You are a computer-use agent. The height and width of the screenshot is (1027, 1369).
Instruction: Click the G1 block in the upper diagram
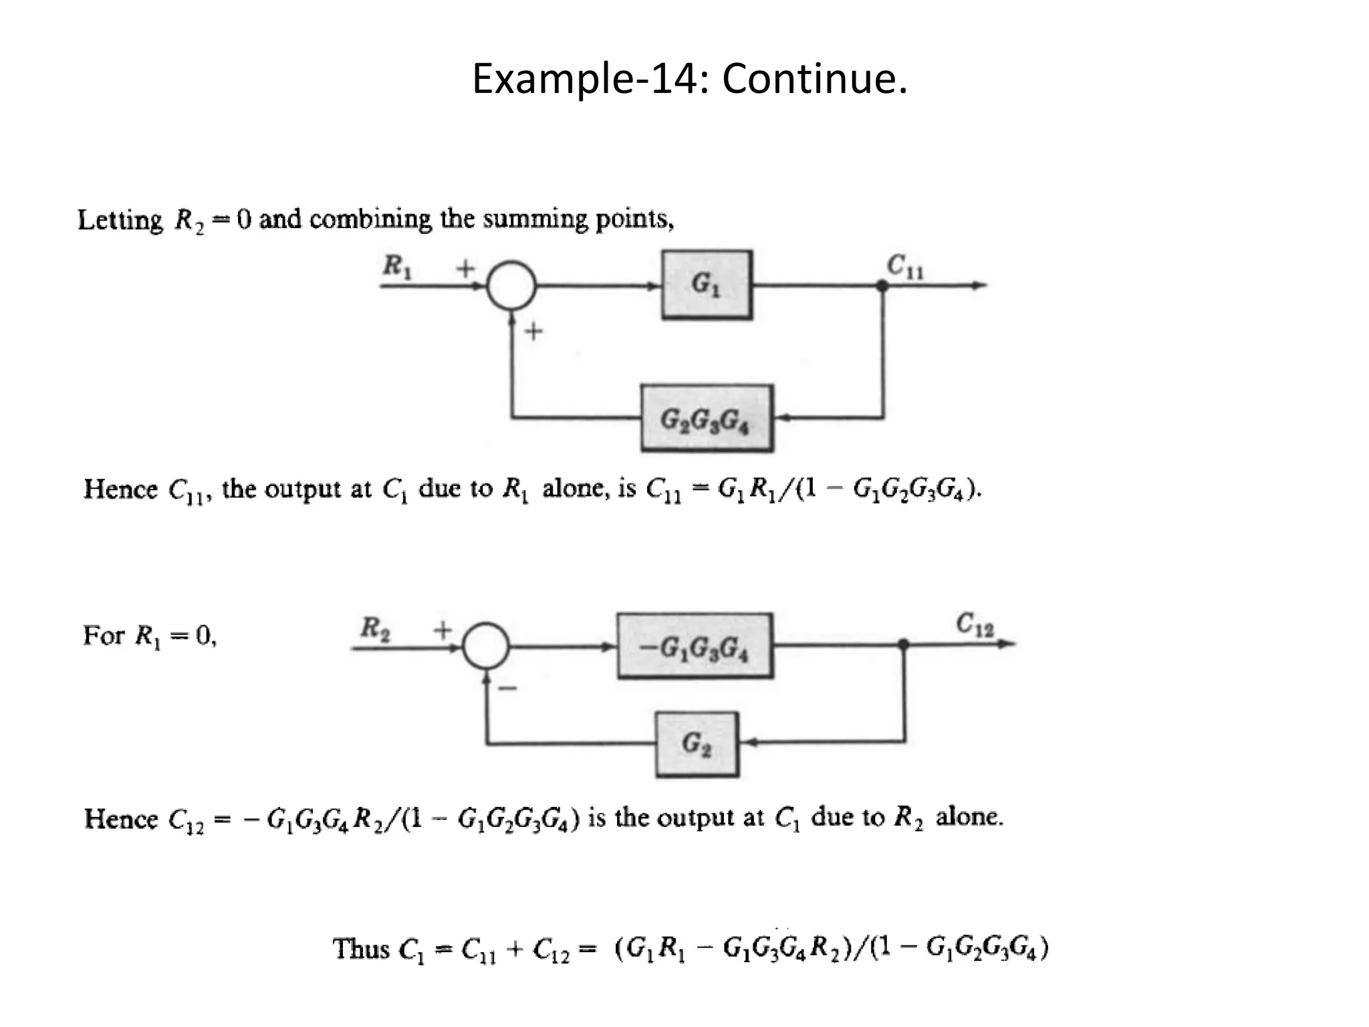pos(707,285)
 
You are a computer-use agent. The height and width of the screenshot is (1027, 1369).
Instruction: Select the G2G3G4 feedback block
pos(707,419)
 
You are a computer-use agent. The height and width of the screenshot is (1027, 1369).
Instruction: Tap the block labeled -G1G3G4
pos(695,647)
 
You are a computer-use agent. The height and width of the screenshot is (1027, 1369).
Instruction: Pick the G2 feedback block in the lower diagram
pos(697,744)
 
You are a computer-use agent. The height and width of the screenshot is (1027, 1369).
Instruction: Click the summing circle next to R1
pos(511,286)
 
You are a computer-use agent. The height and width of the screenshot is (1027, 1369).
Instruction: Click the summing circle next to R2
pos(486,646)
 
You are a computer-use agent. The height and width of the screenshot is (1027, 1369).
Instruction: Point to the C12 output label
pos(974,624)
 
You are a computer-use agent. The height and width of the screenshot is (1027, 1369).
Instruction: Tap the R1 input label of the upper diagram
pos(397,267)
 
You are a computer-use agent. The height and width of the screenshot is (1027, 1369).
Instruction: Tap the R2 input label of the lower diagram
pos(375,629)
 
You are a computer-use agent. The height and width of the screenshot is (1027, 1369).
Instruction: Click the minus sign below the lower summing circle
pos(508,687)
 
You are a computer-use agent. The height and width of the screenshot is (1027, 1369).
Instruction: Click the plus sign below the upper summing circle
pos(533,331)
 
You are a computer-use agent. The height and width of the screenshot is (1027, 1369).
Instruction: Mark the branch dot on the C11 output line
pos(882,286)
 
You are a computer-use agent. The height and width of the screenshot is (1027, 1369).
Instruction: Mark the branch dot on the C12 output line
pos(903,645)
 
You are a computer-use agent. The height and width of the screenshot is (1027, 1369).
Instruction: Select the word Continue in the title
pos(814,79)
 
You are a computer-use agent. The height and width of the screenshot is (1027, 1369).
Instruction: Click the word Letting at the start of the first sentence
pos(120,220)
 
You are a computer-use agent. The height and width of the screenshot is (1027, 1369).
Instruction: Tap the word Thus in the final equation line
pos(361,949)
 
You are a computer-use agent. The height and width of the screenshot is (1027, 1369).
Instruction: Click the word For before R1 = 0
pos(103,635)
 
